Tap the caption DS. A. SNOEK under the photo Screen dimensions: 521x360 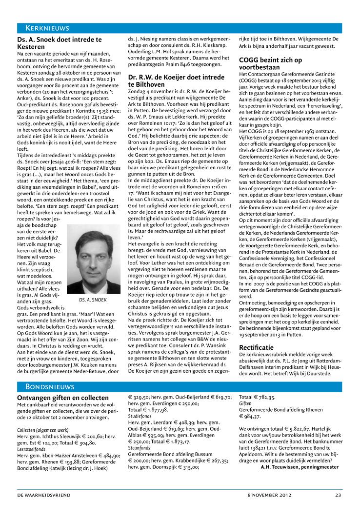[93, 300]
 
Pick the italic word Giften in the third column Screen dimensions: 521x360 [245, 404]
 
